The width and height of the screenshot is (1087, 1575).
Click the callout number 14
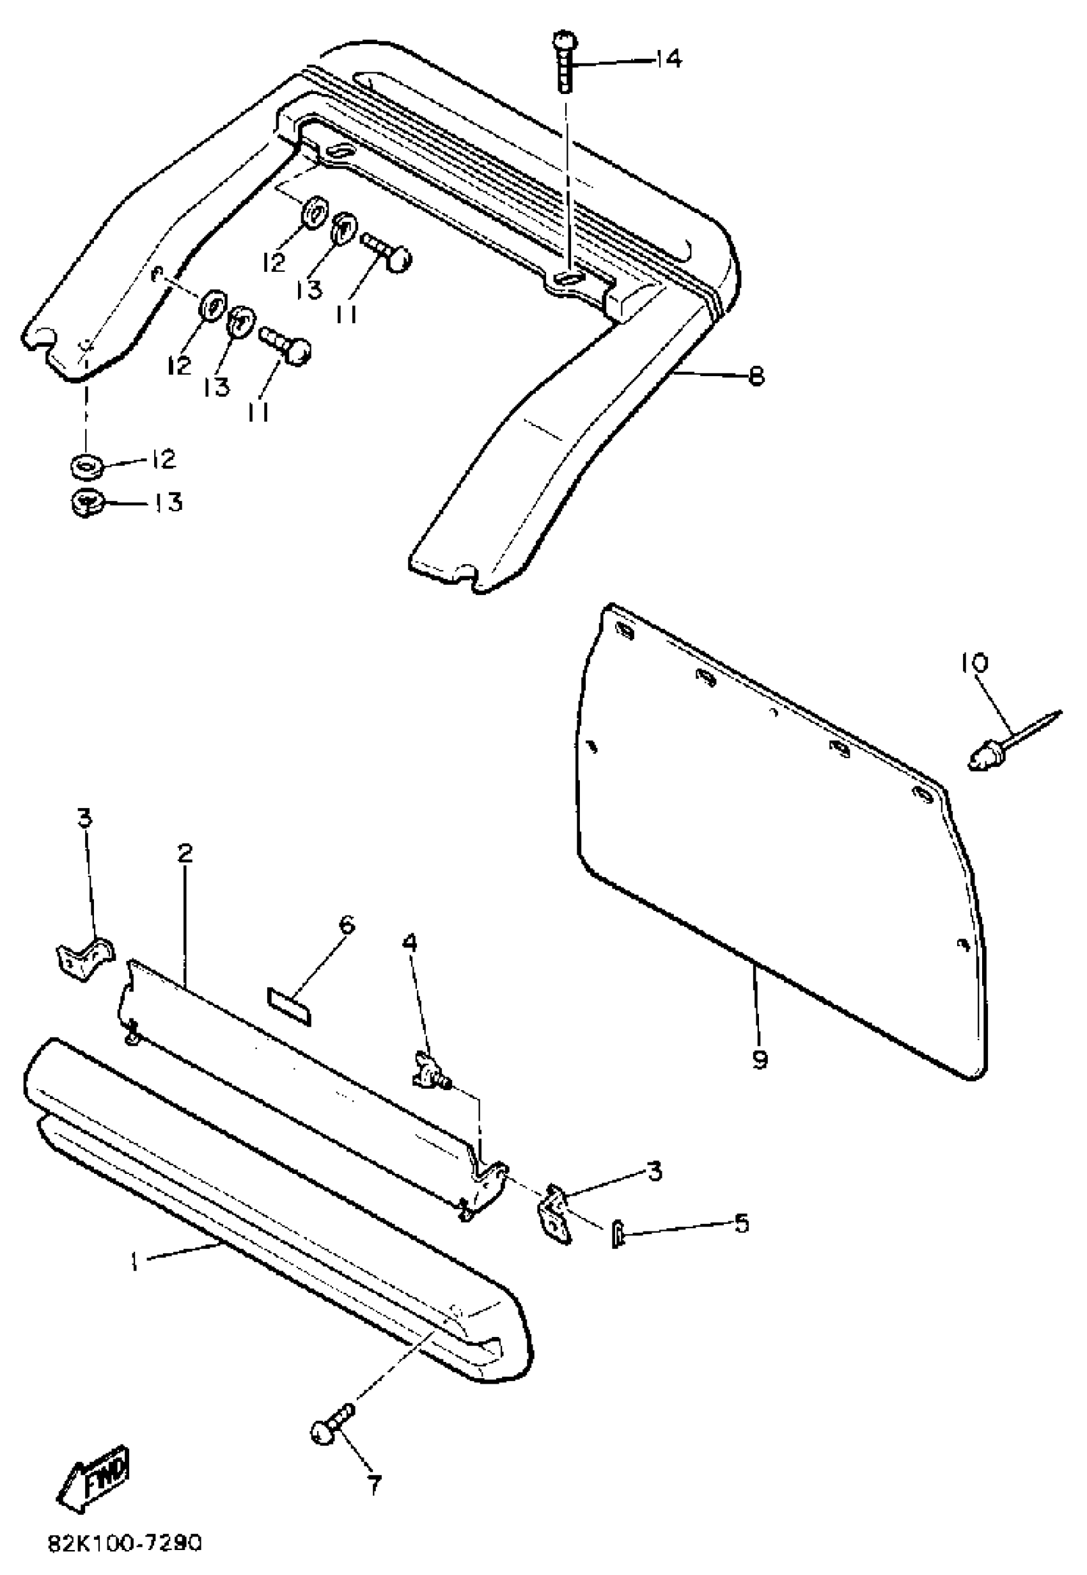point(669,59)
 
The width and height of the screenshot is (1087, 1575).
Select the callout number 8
point(756,376)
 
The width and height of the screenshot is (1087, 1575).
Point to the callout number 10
point(974,663)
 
